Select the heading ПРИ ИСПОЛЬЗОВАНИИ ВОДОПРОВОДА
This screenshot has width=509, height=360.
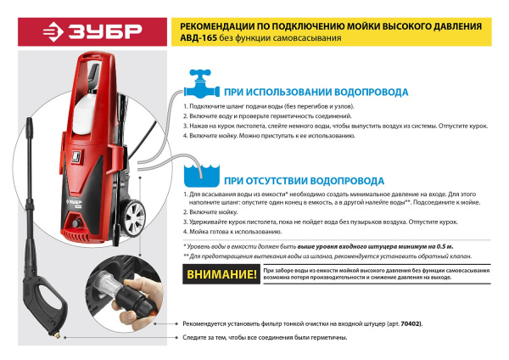[316, 92]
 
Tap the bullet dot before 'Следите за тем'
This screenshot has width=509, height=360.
[175, 337]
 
